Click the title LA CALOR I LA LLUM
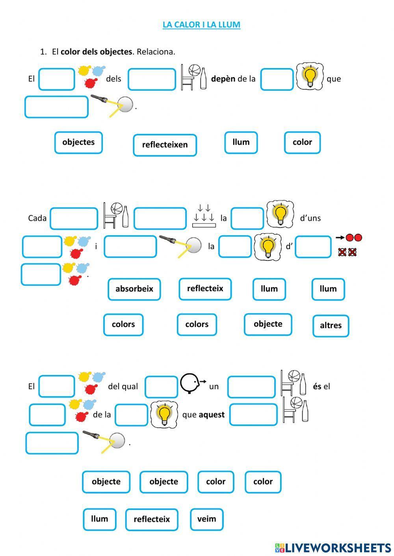coord(201,24)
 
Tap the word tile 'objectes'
coord(78,142)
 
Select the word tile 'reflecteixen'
coord(165,145)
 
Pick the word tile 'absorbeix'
coord(134,289)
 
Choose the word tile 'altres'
coord(331,325)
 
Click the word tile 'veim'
coord(206,519)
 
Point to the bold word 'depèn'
coord(223,79)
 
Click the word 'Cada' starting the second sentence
coord(37,218)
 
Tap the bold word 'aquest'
coord(212,415)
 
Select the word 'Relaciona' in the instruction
coord(156,52)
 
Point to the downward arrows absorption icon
coord(204,216)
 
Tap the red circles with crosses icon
coord(348,251)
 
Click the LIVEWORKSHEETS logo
coord(333,547)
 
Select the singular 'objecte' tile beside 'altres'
coord(268,324)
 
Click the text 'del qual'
coord(123,386)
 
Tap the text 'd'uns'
coord(310,218)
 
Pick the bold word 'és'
coord(317,386)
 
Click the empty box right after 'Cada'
coord(74,218)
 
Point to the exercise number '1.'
coord(43,52)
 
